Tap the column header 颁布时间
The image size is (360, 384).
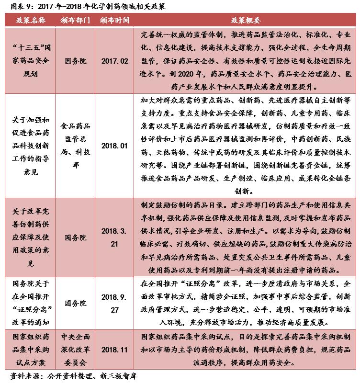[115, 21]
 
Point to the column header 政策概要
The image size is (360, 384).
[246, 21]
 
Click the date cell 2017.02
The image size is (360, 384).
[115, 61]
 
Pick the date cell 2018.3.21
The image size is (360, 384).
[115, 237]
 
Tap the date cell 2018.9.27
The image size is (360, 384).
[115, 303]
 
